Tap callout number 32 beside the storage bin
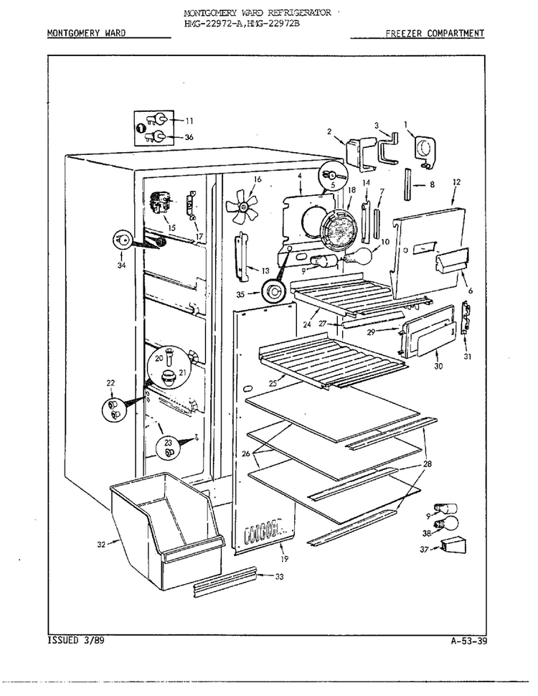coord(102,544)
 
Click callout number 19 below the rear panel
coord(285,559)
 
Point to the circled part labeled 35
coord(273,292)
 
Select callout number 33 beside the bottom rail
coord(279,577)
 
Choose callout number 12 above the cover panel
coord(457,182)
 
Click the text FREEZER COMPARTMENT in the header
coord(435,33)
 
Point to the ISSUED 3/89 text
coord(76,641)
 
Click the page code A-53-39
coord(468,641)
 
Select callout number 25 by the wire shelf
coord(273,382)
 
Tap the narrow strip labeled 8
coord(407,184)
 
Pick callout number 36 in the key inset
coord(189,137)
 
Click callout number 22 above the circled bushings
coord(110,383)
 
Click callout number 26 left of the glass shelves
coord(245,453)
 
